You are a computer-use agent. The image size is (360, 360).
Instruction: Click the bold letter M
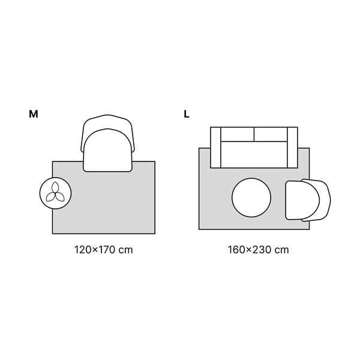click(x=34, y=114)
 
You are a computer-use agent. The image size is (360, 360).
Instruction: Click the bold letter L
click(x=187, y=114)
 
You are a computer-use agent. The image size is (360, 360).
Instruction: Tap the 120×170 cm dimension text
click(x=104, y=250)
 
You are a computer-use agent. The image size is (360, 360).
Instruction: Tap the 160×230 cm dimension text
click(x=258, y=250)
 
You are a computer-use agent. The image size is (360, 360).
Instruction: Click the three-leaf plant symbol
click(x=55, y=192)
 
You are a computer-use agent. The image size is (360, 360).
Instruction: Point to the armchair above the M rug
click(x=107, y=143)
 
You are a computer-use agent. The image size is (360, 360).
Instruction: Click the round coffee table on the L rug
click(x=251, y=197)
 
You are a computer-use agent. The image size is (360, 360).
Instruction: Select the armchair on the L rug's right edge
click(x=308, y=200)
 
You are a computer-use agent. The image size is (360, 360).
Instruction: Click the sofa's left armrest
click(x=215, y=148)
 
